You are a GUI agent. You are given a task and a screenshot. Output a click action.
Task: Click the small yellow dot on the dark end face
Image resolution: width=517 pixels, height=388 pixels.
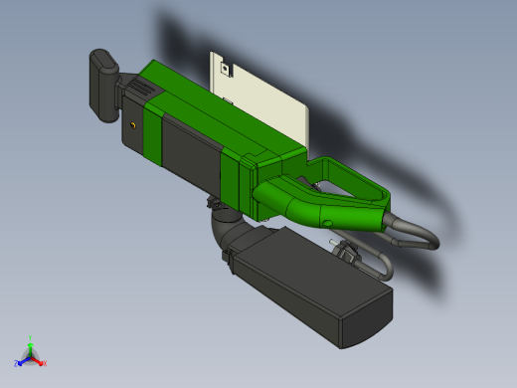(x=134, y=126)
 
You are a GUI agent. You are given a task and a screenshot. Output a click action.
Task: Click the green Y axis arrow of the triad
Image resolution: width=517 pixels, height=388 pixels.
(x=31, y=340)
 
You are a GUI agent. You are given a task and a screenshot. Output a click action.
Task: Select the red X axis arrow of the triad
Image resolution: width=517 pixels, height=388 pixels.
(x=41, y=362)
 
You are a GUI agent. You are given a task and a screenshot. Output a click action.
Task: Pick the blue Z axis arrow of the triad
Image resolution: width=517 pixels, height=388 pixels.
(x=20, y=362)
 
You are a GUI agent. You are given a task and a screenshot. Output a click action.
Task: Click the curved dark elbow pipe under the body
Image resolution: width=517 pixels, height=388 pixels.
(x=224, y=228)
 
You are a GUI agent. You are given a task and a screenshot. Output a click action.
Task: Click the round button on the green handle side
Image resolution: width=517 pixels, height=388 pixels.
(x=329, y=221)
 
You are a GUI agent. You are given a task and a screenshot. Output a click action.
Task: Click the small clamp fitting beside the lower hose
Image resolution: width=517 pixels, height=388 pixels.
(x=347, y=255)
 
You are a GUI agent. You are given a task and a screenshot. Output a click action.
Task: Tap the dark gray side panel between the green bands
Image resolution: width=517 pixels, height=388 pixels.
(x=189, y=149)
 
